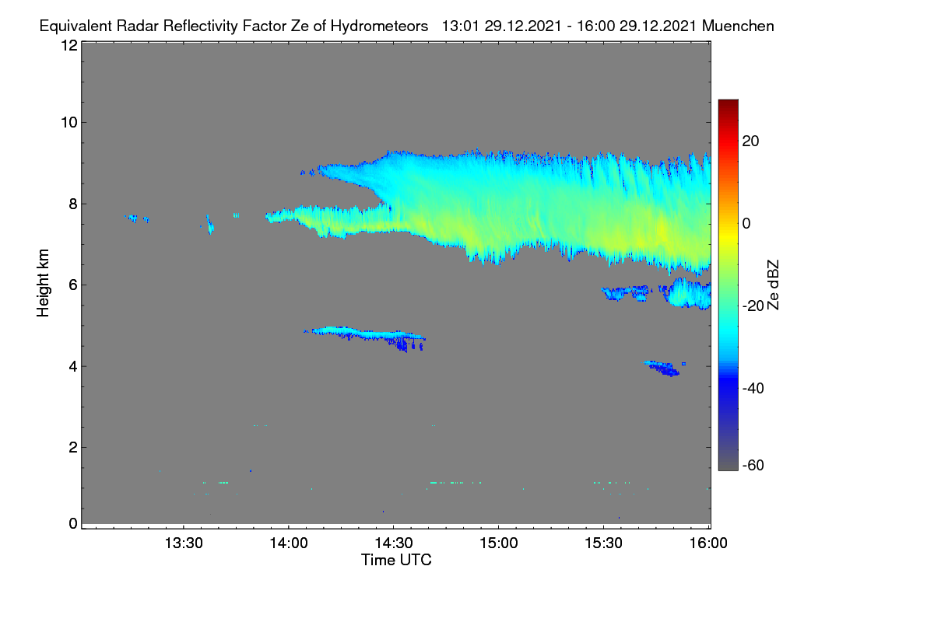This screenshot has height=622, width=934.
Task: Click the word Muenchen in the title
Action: coord(738,26)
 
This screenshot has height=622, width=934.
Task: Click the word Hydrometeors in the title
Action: coord(379,26)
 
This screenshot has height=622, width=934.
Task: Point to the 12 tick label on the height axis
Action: coord(69,45)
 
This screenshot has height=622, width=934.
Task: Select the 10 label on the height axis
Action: coord(69,123)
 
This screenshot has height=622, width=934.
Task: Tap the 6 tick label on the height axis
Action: coord(73,285)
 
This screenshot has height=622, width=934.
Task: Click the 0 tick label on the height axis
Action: coord(73,523)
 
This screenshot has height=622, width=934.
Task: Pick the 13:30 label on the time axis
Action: coord(184,543)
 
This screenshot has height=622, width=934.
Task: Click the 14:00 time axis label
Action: coord(289,543)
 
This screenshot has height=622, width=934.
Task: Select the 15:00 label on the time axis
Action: coord(499,543)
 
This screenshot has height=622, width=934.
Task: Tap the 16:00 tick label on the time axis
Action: coord(708,543)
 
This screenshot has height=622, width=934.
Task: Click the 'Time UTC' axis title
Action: coord(396,560)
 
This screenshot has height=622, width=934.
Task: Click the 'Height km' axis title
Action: coord(43,283)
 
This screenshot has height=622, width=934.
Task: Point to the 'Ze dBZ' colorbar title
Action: coord(773,285)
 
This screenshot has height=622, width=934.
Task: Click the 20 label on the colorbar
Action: coord(750,142)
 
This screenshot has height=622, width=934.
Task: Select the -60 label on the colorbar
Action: coord(753,466)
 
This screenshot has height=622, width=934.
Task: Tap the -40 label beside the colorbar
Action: coord(753,388)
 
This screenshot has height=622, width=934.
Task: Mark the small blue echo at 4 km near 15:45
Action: coord(663,369)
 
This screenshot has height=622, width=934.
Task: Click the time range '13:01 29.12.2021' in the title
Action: coord(501,26)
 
